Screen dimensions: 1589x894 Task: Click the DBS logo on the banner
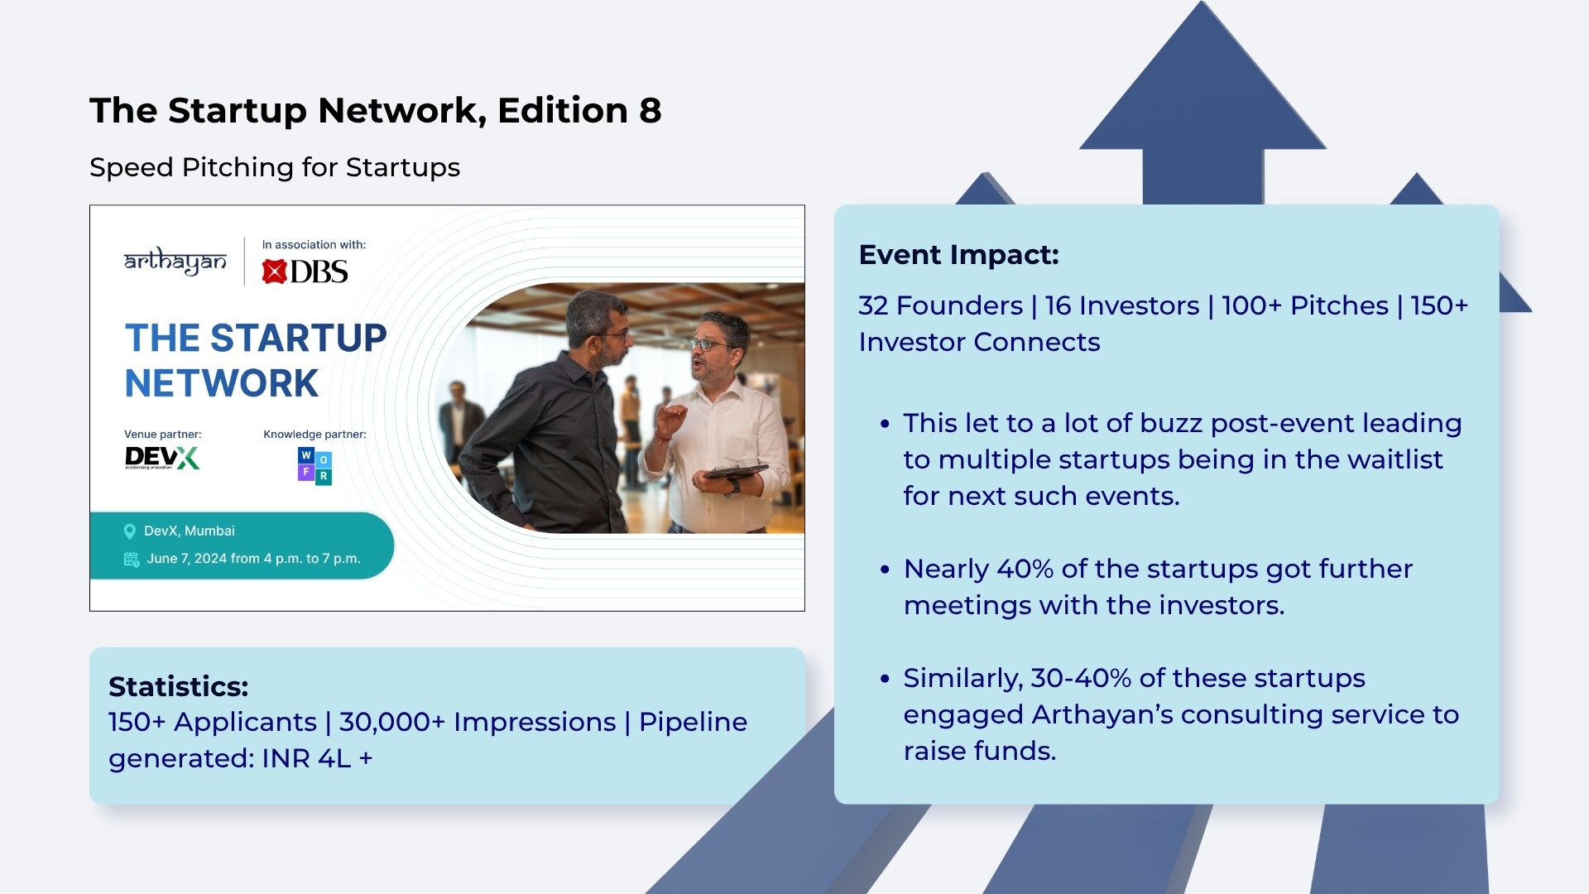click(305, 272)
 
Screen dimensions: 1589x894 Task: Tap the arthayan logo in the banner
click(175, 262)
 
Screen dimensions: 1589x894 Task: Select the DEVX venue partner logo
click(162, 458)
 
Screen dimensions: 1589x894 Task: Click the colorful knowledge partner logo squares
click(314, 466)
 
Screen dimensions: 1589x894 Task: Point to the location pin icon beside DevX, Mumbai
click(130, 531)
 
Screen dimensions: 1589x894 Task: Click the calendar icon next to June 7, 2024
click(132, 559)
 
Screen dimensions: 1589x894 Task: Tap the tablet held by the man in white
click(730, 472)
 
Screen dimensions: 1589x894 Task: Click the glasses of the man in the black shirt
click(617, 334)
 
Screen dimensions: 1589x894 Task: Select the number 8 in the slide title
click(650, 111)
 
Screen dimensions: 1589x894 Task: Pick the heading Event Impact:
click(959, 255)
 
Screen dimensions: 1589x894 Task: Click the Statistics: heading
click(179, 686)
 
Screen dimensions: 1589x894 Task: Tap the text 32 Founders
click(941, 305)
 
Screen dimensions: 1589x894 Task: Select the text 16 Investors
click(1122, 305)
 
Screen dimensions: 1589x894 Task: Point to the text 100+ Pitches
click(1305, 305)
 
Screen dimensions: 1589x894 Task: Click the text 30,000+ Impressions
click(478, 722)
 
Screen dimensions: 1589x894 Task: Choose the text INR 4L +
click(317, 758)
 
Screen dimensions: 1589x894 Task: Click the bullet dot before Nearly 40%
click(885, 570)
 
